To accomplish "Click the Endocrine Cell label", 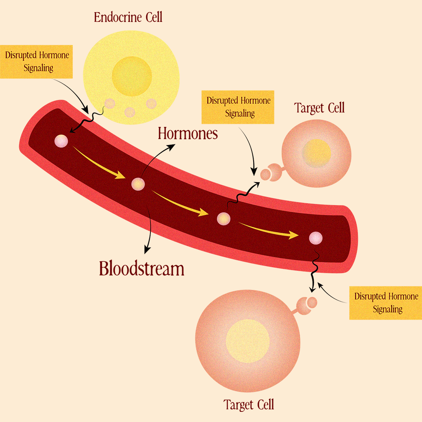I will (128, 17).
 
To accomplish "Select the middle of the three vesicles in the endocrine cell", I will (129, 113).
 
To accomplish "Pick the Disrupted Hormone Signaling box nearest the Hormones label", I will (238, 107).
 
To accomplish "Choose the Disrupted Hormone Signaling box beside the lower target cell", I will (386, 303).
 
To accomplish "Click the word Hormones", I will (188, 134).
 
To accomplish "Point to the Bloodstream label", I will (141, 269).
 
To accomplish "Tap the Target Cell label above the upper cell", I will (320, 108).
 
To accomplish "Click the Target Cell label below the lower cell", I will (249, 404).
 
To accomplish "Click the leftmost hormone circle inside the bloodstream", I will (61, 141).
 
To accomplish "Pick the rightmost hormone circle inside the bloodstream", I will (315, 238).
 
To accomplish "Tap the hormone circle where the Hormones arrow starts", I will (138, 184).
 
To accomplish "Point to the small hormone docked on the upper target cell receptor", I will (265, 175).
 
